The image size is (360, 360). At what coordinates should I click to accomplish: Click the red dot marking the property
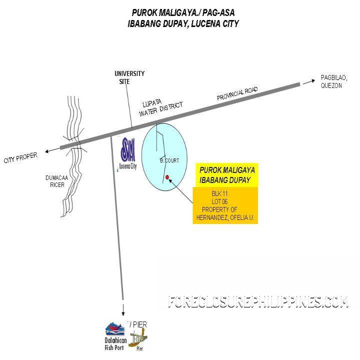(167, 176)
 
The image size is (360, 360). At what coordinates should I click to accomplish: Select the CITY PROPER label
(20, 158)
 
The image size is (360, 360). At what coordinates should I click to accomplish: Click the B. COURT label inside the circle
(169, 160)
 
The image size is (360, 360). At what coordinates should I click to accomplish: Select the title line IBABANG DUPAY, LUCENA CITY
(183, 23)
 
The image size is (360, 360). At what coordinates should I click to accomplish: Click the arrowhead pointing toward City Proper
(46, 150)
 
